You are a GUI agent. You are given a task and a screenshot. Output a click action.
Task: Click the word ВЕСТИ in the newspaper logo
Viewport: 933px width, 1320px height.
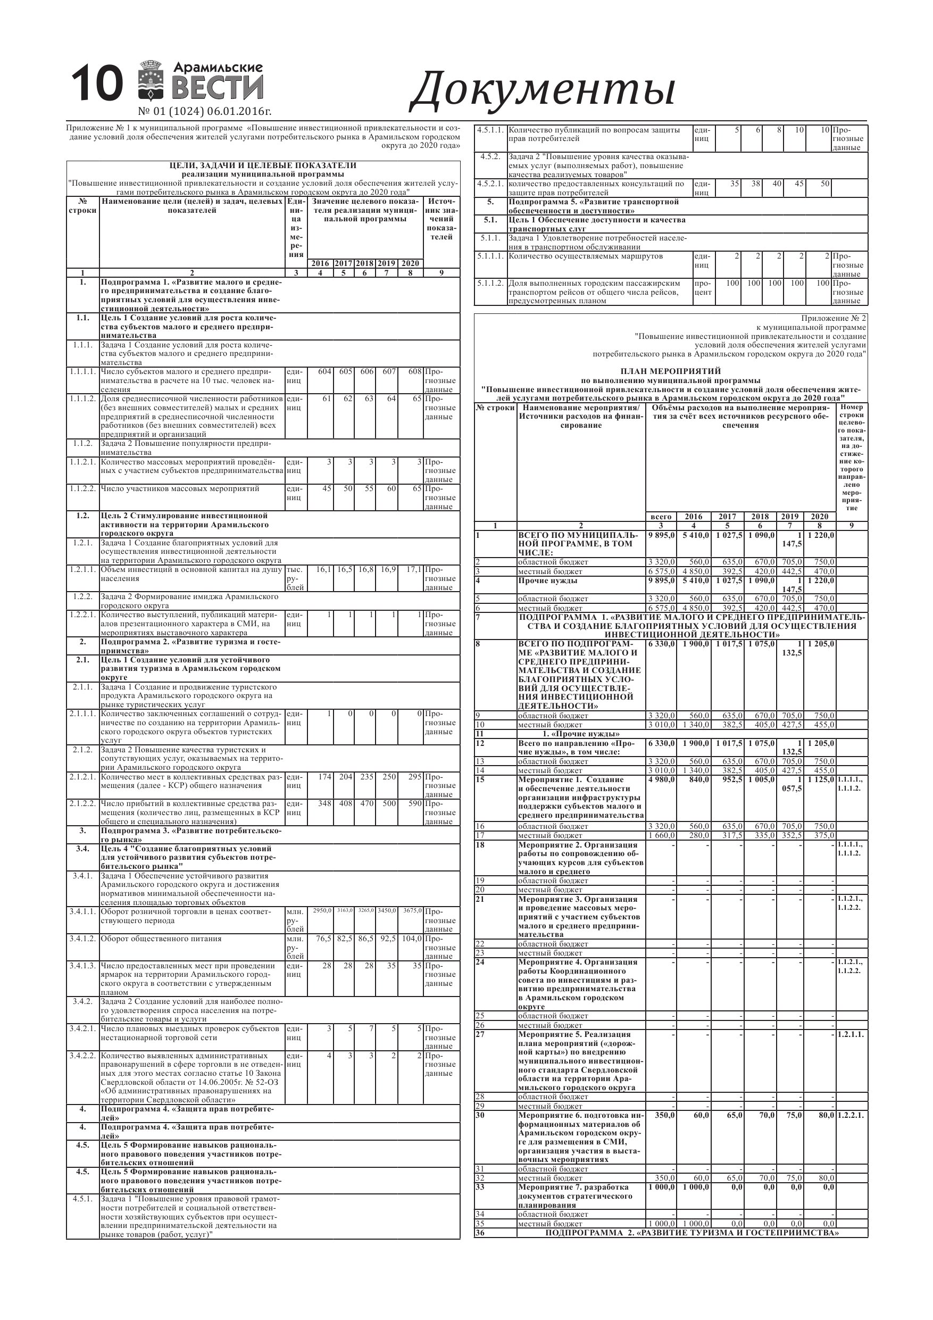[218, 88]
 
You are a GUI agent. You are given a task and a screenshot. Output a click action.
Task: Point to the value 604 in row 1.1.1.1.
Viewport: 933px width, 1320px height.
[325, 371]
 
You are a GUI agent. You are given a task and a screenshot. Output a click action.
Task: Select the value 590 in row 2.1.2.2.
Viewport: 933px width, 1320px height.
[414, 803]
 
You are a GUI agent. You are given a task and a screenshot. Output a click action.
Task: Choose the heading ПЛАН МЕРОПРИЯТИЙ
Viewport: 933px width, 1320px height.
[670, 371]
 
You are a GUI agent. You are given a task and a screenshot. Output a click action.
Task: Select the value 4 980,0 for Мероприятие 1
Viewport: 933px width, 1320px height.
[661, 779]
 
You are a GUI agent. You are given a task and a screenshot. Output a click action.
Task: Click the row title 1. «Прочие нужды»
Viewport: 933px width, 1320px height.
[581, 734]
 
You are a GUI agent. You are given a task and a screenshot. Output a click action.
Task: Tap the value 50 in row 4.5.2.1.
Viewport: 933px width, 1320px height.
[825, 184]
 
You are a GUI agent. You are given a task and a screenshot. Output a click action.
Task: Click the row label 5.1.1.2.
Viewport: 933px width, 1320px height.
[490, 283]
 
